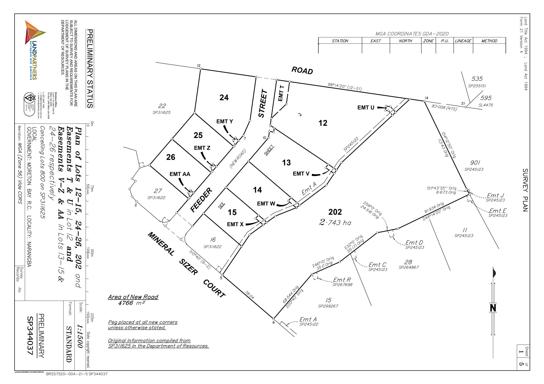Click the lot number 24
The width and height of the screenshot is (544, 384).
pyautogui.click(x=224, y=98)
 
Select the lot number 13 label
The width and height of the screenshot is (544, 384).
pyautogui.click(x=286, y=163)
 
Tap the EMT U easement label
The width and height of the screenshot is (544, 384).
pyautogui.click(x=366, y=107)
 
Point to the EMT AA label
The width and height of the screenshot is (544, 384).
pyautogui.click(x=180, y=174)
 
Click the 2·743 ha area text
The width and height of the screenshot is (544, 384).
pyautogui.click(x=335, y=222)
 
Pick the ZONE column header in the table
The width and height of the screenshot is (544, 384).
pyautogui.click(x=428, y=41)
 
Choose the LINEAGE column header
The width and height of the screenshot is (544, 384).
pyautogui.click(x=463, y=41)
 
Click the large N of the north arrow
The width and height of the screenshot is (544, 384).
pyautogui.click(x=493, y=308)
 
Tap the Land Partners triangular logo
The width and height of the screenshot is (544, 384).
pyautogui.click(x=34, y=33)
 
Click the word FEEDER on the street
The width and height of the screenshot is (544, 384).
pyautogui.click(x=201, y=200)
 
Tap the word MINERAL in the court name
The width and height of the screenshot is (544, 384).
pyautogui.click(x=161, y=244)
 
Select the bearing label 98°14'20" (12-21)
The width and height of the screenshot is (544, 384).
pyautogui.click(x=345, y=86)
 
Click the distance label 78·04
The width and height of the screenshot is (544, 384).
pyautogui.click(x=249, y=295)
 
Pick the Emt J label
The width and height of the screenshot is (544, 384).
pyautogui.click(x=495, y=195)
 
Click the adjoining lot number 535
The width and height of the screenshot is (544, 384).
pyautogui.click(x=477, y=79)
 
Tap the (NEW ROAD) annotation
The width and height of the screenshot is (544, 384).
pyautogui.click(x=238, y=159)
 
